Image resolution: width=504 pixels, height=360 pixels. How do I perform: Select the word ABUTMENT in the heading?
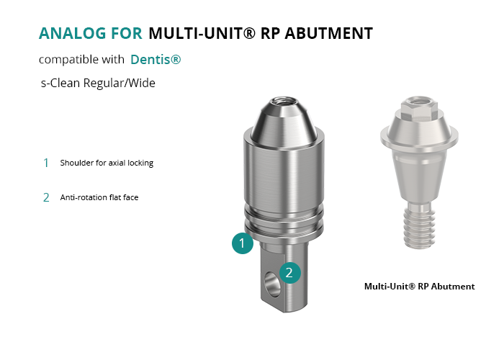[x=328, y=33]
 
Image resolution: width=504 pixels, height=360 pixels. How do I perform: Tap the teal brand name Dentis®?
[x=156, y=60]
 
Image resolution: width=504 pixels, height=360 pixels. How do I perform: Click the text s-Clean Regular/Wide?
[x=98, y=83]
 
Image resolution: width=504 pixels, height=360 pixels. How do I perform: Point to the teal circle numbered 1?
[x=243, y=243]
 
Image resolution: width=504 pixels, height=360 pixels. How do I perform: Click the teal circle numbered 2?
[x=290, y=273]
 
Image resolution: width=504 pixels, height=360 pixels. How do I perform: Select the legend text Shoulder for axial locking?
[x=107, y=163]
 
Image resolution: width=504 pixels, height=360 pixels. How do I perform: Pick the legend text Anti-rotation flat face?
[x=99, y=197]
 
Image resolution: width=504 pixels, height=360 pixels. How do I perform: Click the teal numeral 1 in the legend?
[x=46, y=163]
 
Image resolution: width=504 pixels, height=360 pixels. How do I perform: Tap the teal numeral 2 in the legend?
[x=46, y=197]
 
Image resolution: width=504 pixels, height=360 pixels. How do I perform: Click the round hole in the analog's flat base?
[x=272, y=284]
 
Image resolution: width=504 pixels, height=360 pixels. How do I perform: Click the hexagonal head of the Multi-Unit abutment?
[x=418, y=107]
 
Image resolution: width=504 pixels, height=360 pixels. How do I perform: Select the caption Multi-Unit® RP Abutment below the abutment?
[x=420, y=287]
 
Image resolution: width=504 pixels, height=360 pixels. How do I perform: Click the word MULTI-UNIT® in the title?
[x=202, y=33]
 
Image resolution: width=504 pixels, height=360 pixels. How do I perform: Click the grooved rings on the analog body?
[x=284, y=222]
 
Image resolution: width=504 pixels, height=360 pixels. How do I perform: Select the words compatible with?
[x=81, y=60]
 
